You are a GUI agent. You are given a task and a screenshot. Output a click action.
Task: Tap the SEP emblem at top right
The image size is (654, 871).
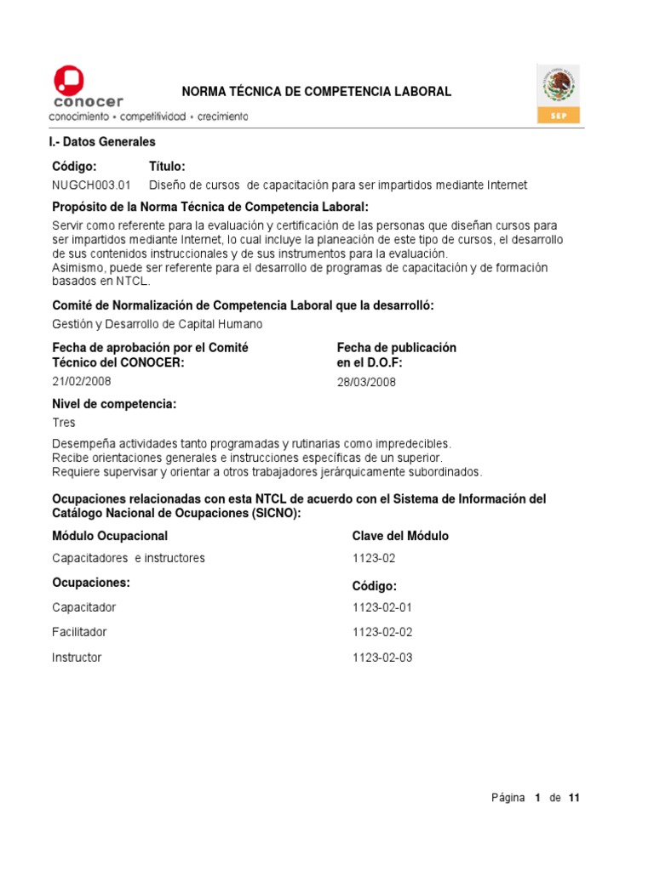click(559, 93)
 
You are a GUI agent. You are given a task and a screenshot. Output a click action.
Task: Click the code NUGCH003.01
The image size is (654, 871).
click(92, 185)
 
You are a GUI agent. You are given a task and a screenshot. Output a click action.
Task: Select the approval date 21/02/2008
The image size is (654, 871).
click(82, 381)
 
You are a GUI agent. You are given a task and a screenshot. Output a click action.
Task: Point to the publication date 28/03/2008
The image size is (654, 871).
click(366, 382)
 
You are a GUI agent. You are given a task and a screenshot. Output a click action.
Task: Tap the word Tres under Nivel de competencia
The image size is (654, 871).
click(64, 423)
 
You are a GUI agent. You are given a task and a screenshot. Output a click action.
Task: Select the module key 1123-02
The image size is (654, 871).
click(374, 558)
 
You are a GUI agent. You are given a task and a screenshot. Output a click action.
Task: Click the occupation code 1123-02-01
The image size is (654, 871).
click(382, 607)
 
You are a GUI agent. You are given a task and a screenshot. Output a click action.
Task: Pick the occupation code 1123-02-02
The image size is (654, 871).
click(382, 632)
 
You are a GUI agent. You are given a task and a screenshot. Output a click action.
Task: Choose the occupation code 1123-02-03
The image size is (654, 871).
click(382, 658)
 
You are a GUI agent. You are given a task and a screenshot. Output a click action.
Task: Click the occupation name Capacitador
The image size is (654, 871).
click(84, 607)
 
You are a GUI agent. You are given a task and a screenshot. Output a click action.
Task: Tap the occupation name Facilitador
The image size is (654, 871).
click(79, 632)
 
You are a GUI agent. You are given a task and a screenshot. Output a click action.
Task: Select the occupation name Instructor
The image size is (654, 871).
click(77, 658)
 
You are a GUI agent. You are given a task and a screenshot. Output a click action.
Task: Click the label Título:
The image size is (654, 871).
click(167, 167)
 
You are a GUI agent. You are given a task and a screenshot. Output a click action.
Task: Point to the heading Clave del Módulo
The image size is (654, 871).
click(400, 536)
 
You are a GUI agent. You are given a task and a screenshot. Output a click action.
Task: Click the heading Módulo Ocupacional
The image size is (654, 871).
click(110, 536)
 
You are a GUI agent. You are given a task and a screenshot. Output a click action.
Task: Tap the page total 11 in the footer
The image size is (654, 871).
click(574, 798)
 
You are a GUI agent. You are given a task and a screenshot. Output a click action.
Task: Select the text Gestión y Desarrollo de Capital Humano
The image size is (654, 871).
click(158, 324)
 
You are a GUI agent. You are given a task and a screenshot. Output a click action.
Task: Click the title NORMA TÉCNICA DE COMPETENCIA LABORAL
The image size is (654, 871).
click(318, 92)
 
